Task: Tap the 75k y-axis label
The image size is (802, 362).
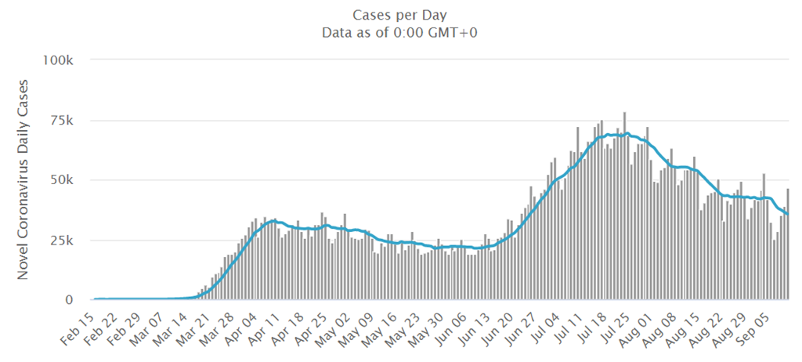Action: [61, 121]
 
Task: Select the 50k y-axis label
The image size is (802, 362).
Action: [61, 180]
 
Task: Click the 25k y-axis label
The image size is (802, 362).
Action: [61, 241]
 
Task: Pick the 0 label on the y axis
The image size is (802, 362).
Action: [69, 300]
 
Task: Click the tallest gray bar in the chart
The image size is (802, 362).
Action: [624, 206]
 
